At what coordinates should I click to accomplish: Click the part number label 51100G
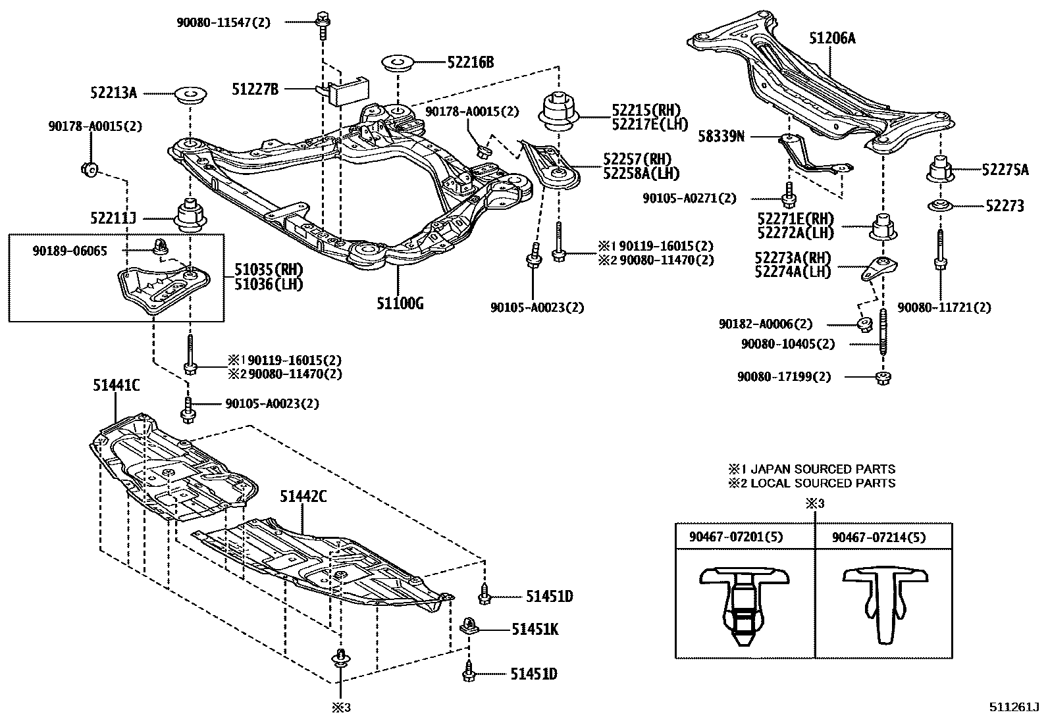pyautogui.click(x=400, y=303)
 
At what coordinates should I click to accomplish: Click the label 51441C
pyautogui.click(x=116, y=386)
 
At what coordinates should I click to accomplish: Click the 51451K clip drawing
pyautogui.click(x=469, y=626)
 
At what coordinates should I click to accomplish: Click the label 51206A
pyautogui.click(x=832, y=39)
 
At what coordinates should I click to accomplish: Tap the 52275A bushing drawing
pyautogui.click(x=941, y=170)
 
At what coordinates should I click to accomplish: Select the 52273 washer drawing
pyautogui.click(x=941, y=206)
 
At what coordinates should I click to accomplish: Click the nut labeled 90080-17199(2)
pyautogui.click(x=881, y=378)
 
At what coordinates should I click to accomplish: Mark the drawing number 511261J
pyautogui.click(x=1013, y=708)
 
